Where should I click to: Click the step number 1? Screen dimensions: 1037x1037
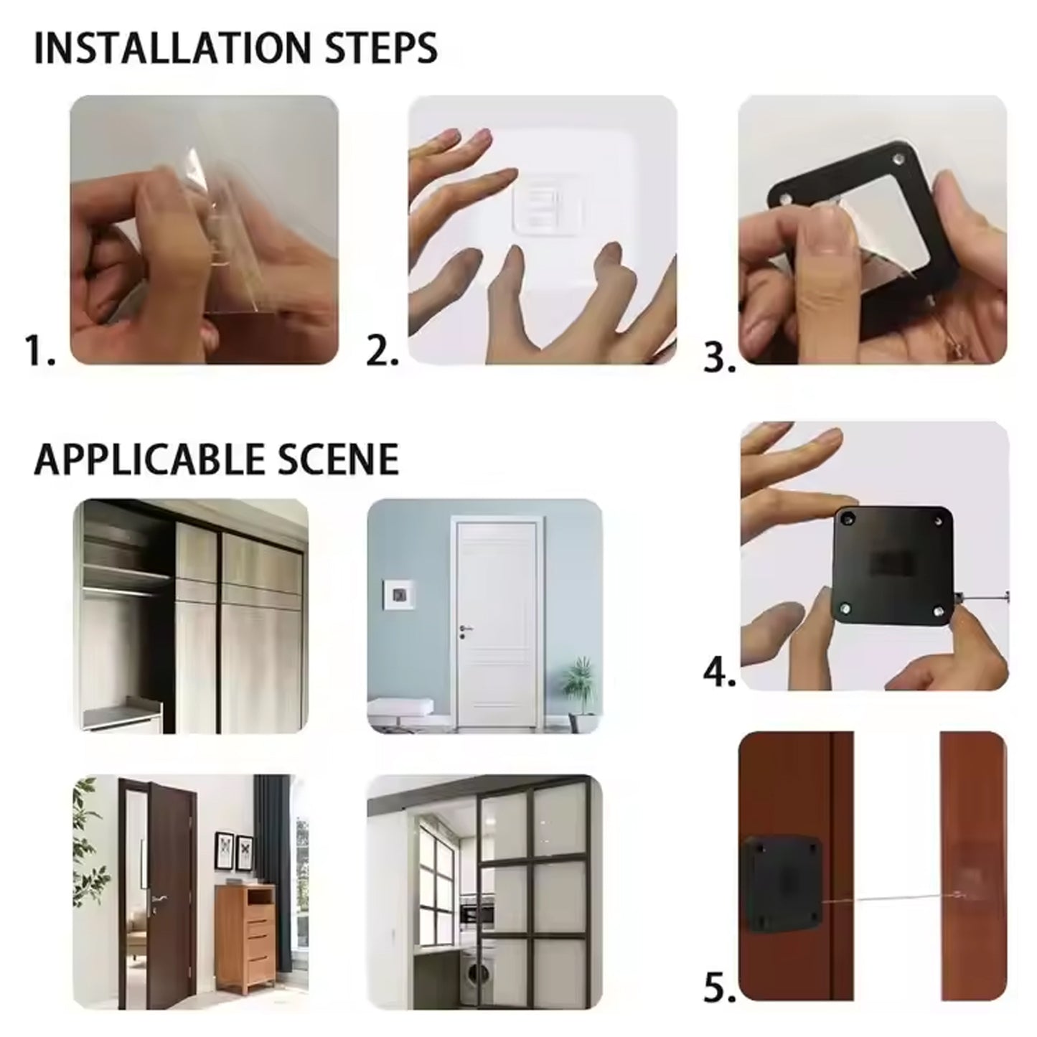[39, 351]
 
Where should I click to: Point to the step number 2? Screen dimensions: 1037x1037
[383, 351]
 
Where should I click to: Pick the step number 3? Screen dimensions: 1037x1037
[719, 357]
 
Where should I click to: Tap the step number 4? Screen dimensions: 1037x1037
[719, 674]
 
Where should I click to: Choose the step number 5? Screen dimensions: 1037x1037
[719, 988]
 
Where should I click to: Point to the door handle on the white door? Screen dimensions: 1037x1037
[464, 629]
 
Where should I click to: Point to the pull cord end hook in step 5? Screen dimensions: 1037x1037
[957, 893]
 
